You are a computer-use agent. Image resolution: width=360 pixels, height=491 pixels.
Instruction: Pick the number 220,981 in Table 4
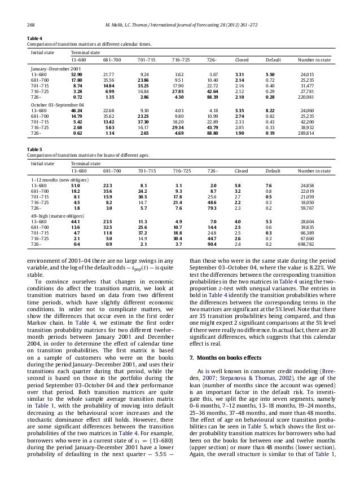tap(322, 98)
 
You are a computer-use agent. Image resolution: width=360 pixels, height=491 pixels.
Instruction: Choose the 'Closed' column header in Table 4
tap(242, 59)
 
